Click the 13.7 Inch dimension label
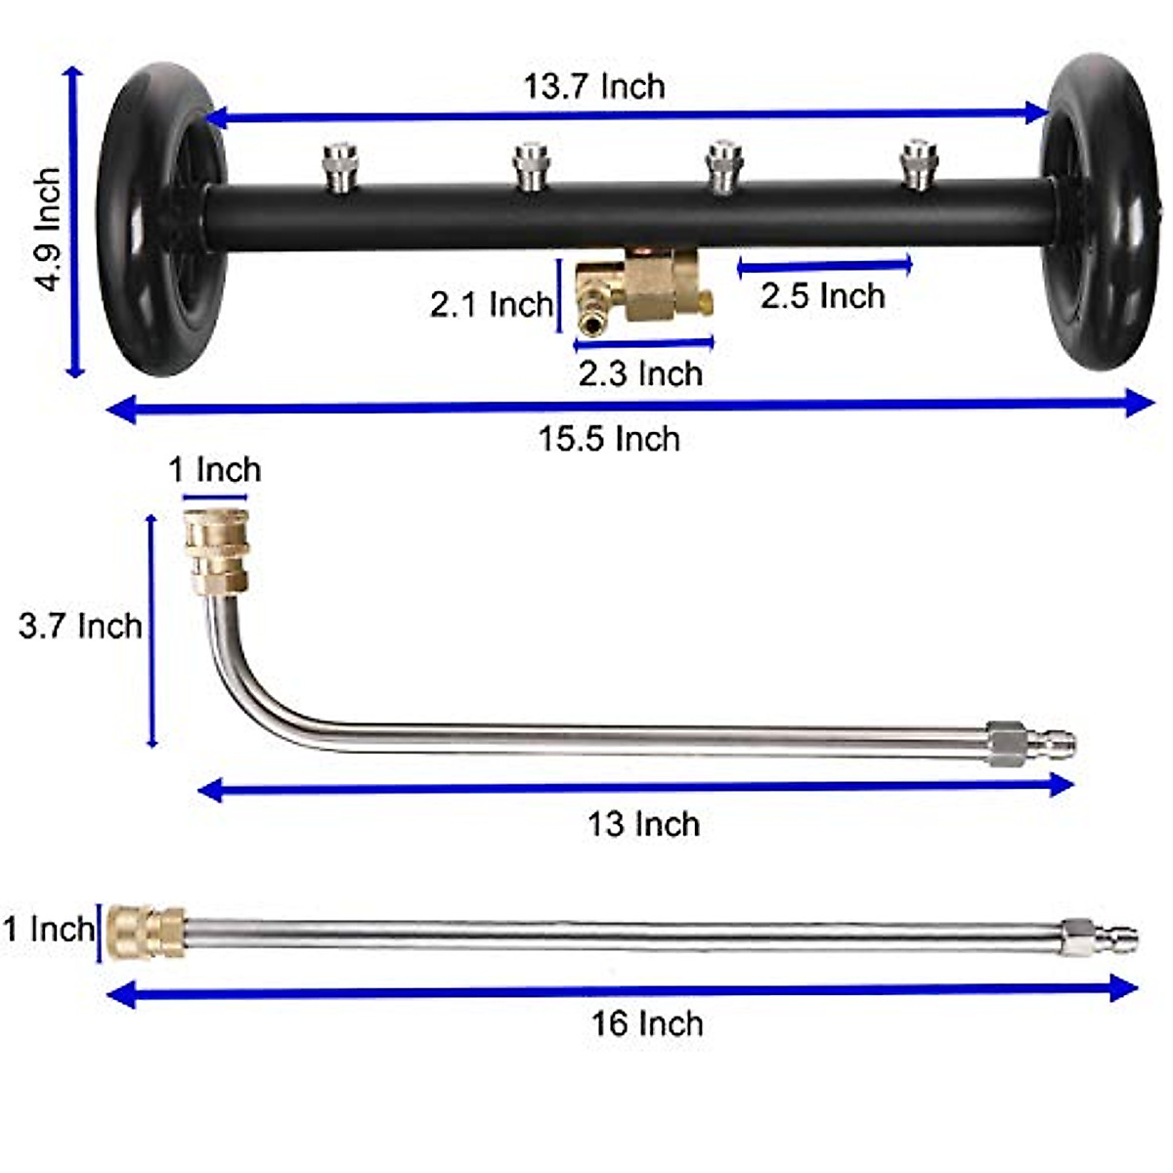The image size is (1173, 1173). pyautogui.click(x=594, y=86)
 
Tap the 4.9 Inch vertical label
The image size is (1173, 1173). pyautogui.click(x=47, y=230)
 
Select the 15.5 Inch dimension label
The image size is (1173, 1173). pyautogui.click(x=609, y=439)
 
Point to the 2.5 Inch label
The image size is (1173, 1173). pyautogui.click(x=822, y=296)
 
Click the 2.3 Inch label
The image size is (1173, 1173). pyautogui.click(x=640, y=373)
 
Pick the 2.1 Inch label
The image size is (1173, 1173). pyautogui.click(x=491, y=304)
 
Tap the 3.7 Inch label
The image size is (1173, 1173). pyautogui.click(x=80, y=626)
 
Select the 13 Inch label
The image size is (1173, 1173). pyautogui.click(x=643, y=824)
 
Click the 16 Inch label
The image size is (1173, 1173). pyautogui.click(x=646, y=1023)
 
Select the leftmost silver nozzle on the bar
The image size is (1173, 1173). pyautogui.click(x=339, y=165)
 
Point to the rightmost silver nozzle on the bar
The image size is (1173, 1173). pyautogui.click(x=917, y=165)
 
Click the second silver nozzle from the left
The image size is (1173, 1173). pyautogui.click(x=531, y=165)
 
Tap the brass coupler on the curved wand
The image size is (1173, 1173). pyautogui.click(x=217, y=552)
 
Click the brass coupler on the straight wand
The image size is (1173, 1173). pyautogui.click(x=145, y=932)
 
